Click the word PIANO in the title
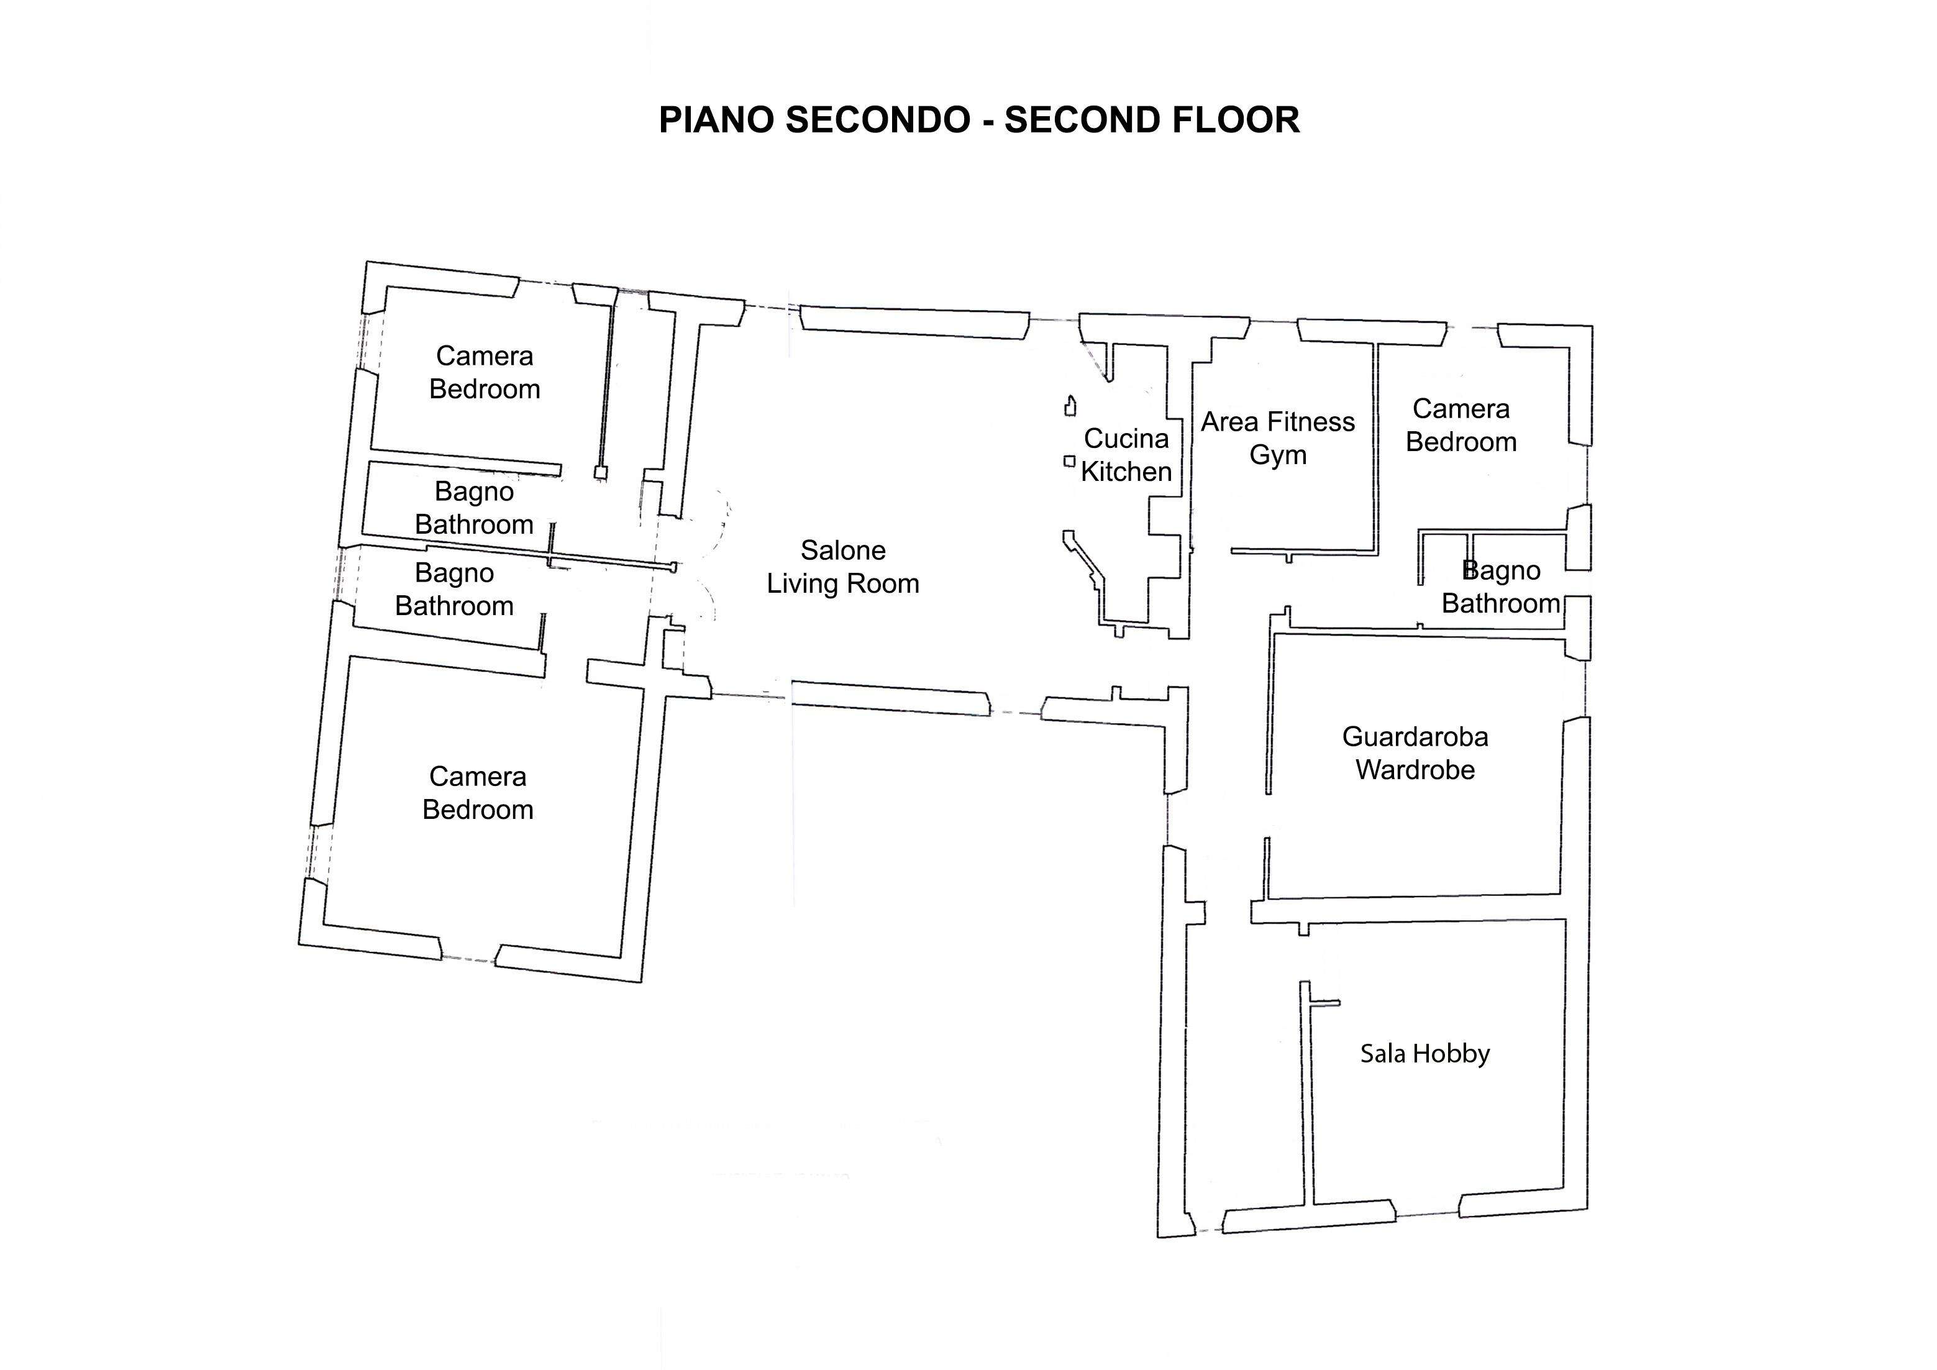click(x=716, y=120)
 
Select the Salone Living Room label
click(x=843, y=567)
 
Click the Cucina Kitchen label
click(x=1126, y=455)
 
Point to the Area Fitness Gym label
click(x=1278, y=438)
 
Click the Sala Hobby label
click(x=1425, y=1054)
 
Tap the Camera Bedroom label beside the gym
click(x=1461, y=425)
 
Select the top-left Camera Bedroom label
click(x=485, y=372)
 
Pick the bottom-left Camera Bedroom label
click(x=478, y=792)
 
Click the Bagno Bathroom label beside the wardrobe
click(x=1501, y=587)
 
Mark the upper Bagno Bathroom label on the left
click(x=474, y=508)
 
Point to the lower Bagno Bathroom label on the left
click(x=454, y=589)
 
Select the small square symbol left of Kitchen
click(x=1069, y=460)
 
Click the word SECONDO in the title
click(x=877, y=120)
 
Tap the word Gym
click(x=1278, y=455)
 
